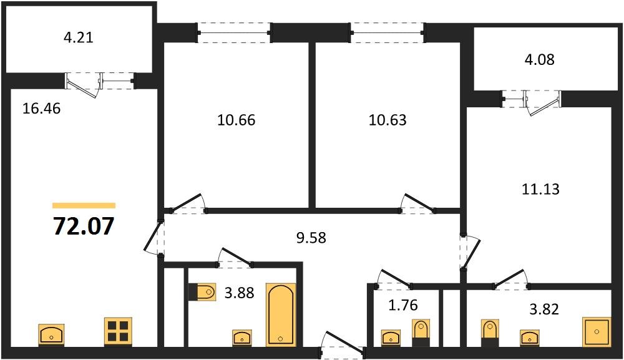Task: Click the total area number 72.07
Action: (84, 226)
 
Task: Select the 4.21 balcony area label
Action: (79, 37)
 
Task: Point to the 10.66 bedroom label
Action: (236, 120)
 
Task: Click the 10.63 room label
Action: (388, 120)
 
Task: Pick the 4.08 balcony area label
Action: (540, 60)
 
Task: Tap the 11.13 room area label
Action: (540, 189)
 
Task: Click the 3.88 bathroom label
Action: (239, 292)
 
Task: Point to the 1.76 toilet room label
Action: (402, 306)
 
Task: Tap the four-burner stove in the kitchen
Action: (117, 331)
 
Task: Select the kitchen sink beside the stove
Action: (51, 334)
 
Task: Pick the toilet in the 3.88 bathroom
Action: (202, 291)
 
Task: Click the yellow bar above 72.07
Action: (84, 205)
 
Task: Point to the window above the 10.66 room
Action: (235, 32)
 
